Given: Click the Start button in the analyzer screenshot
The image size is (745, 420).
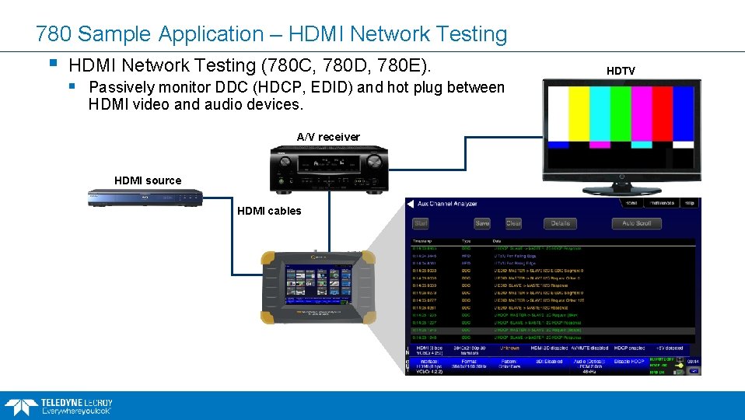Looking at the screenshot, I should point(421,223).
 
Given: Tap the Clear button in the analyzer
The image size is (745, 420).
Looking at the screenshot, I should point(513,223).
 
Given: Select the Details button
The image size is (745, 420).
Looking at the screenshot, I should point(560,223).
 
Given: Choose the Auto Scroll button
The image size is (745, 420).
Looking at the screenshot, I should point(636,223).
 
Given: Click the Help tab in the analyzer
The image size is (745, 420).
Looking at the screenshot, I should point(688,203).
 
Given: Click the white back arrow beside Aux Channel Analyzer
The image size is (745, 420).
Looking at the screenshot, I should point(410,204).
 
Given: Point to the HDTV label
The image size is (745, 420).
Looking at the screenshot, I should point(621,71).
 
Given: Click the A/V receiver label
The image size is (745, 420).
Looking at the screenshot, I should point(328,137).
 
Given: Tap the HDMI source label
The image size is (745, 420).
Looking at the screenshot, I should point(148,180).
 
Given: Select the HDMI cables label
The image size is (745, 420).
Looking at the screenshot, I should point(269,211).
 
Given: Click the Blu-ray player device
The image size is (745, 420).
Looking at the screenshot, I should point(146,198).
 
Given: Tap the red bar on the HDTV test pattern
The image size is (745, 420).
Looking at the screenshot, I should point(663,114).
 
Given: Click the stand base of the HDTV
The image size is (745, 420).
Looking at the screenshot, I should point(621,190).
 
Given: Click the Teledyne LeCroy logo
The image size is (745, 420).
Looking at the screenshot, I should point(58,405).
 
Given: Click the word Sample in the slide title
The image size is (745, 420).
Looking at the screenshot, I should point(116,34).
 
